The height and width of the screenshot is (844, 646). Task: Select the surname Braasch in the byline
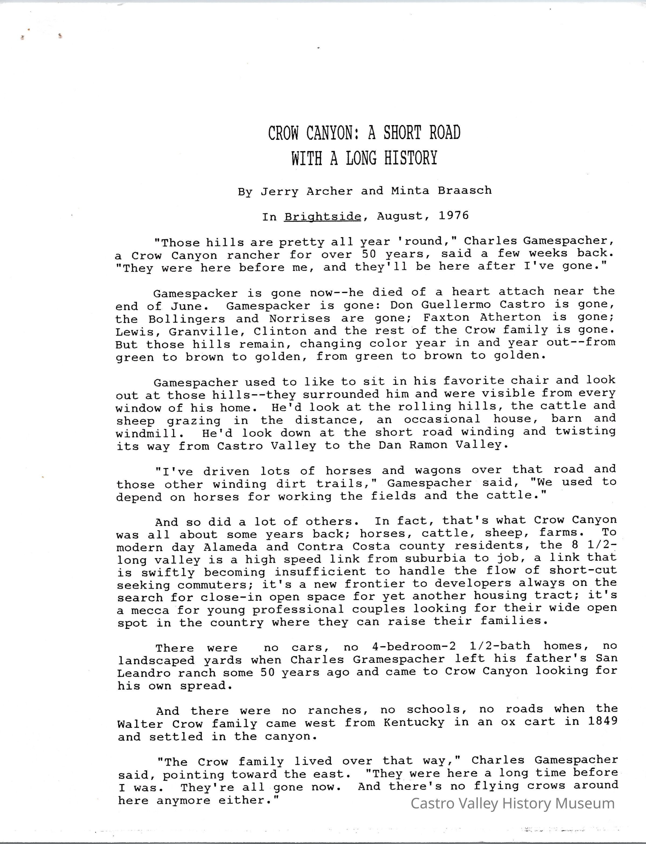click(465, 190)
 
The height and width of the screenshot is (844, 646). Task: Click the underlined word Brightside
click(323, 217)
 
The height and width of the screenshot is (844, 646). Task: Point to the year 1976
click(454, 215)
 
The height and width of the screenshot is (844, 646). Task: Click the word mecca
click(150, 611)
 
